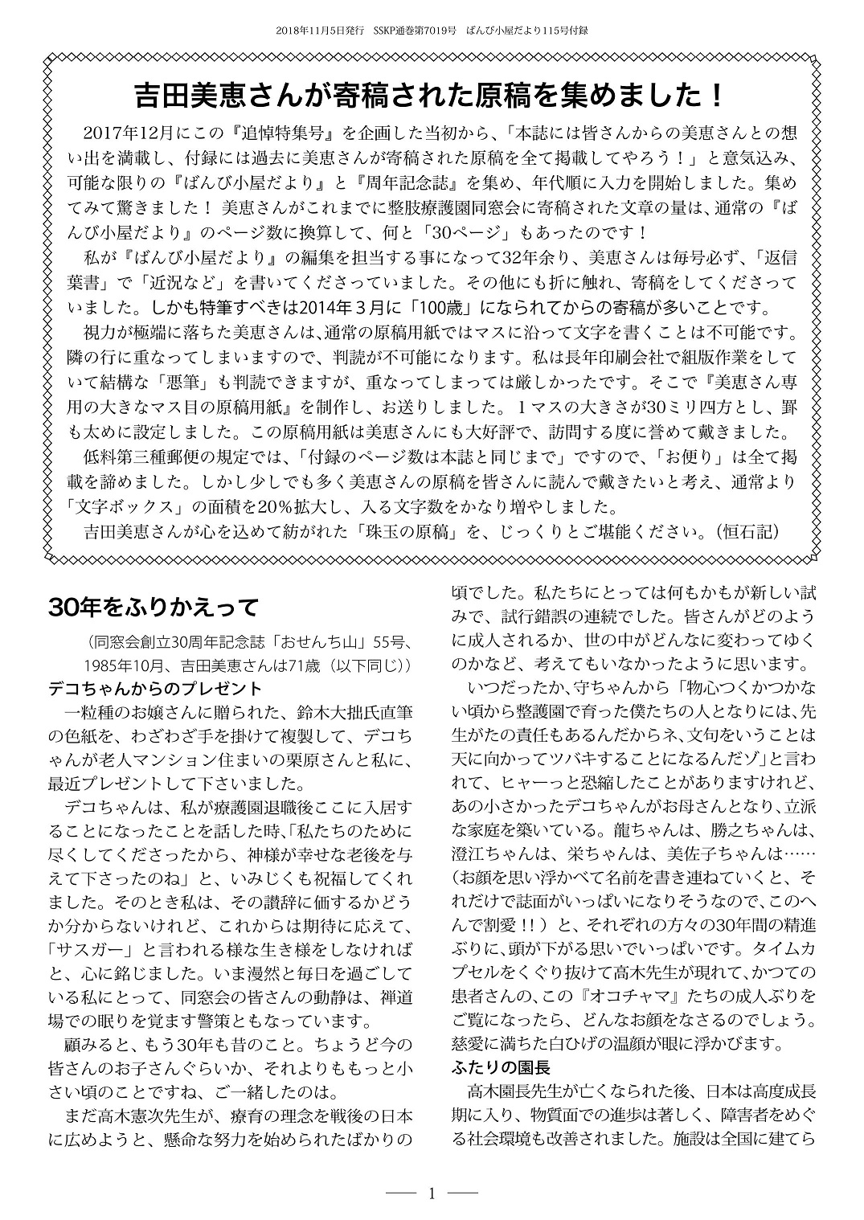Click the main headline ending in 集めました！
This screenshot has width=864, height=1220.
[432, 96]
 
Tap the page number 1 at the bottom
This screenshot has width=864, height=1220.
[432, 1193]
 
